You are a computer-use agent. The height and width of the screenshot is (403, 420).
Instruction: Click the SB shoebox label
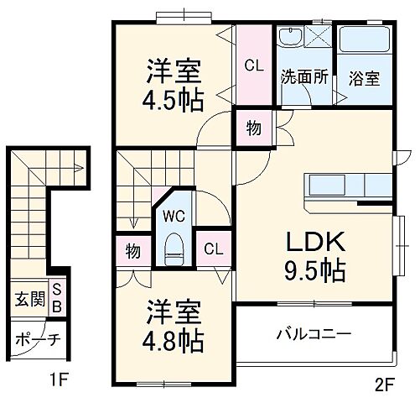pos(57,299)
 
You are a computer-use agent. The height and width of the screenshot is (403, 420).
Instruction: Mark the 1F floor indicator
pos(56,379)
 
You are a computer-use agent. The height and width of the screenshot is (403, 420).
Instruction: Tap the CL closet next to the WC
pos(213,250)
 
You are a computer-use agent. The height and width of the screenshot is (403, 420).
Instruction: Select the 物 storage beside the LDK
pos(253,128)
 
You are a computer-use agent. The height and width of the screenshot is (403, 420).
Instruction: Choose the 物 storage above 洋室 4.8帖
pos(133,250)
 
